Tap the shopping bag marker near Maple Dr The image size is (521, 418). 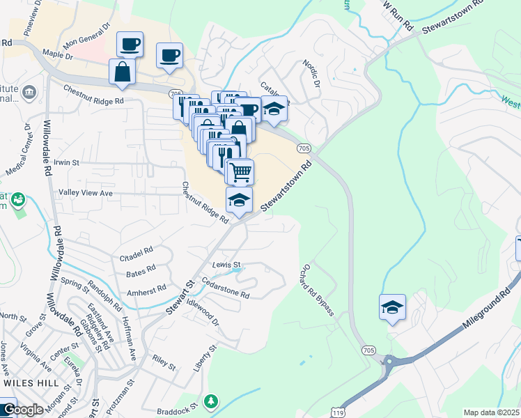point(123,72)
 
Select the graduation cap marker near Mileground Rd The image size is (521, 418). point(392,307)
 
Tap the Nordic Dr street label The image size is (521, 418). point(311,73)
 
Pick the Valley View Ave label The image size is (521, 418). point(86,193)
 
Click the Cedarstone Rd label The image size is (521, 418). point(226,290)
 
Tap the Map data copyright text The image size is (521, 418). point(492,412)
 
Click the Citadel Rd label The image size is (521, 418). point(136,251)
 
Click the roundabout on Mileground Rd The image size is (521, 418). point(389,361)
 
